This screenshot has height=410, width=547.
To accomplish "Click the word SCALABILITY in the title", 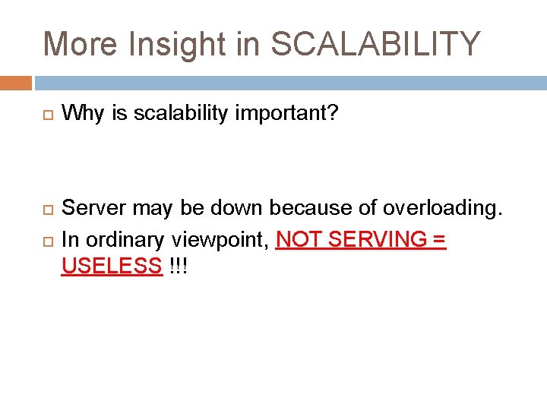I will click(376, 44).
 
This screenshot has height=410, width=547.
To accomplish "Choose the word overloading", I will click(443, 207).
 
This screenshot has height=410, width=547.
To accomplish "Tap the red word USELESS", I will click(112, 266).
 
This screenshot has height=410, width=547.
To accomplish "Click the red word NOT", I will click(299, 239).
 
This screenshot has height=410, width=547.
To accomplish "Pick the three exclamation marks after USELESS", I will click(179, 266).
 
